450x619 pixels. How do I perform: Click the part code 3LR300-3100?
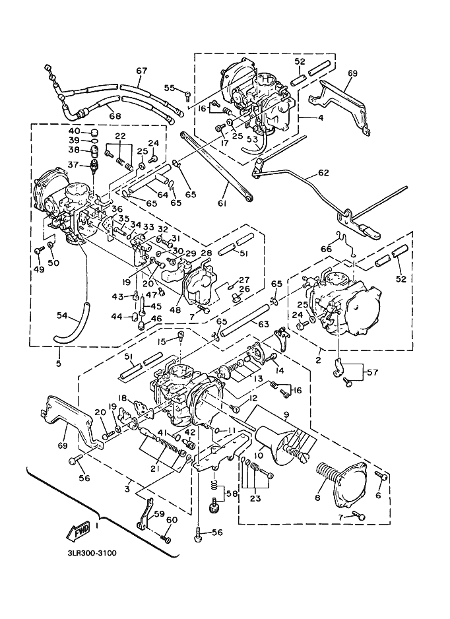pos(91,552)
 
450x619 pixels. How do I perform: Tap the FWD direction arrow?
pos(79,530)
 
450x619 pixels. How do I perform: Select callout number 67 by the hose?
pos(141,71)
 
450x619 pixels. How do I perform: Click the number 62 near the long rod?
pos(323,174)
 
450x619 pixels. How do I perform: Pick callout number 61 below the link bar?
pos(222,204)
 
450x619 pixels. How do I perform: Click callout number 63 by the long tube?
pos(245,324)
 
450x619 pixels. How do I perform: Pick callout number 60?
pos(172,520)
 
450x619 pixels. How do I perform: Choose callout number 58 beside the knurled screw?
pos(231,494)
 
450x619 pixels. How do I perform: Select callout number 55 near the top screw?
pos(170,88)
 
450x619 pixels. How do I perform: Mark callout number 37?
pos(74,165)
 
